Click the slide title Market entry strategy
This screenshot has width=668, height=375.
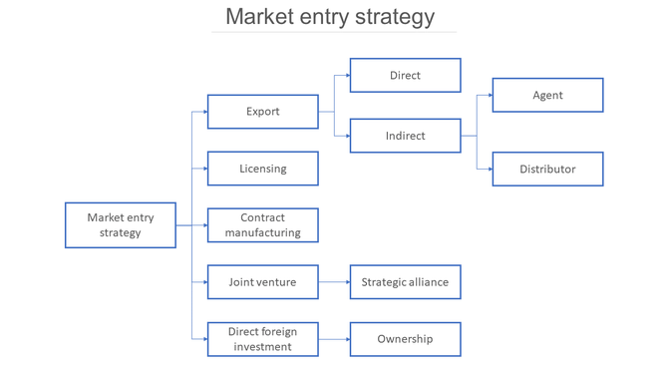(x=330, y=17)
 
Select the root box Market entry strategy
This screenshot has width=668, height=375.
(x=120, y=225)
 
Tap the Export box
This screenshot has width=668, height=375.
(x=262, y=112)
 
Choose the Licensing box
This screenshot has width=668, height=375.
(x=262, y=169)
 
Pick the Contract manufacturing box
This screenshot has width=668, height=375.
(x=262, y=225)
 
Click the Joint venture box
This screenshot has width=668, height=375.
(x=262, y=282)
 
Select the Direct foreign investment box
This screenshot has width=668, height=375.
(x=262, y=339)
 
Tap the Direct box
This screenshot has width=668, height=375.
(x=405, y=75)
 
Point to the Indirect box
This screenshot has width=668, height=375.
(x=405, y=136)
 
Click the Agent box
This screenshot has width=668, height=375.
(x=547, y=95)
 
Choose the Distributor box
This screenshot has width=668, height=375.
(x=547, y=169)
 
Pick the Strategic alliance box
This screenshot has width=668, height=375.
(x=405, y=282)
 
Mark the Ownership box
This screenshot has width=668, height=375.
(x=405, y=339)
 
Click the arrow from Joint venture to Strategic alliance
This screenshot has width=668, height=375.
(x=334, y=282)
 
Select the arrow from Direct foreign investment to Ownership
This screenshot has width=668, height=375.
(x=334, y=339)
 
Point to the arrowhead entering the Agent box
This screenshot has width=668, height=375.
(x=489, y=95)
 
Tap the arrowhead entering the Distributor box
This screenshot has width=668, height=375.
(x=489, y=169)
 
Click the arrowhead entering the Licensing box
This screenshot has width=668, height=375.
(x=204, y=169)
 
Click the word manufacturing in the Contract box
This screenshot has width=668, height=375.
(x=262, y=232)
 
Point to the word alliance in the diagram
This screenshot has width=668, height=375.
(x=427, y=282)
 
